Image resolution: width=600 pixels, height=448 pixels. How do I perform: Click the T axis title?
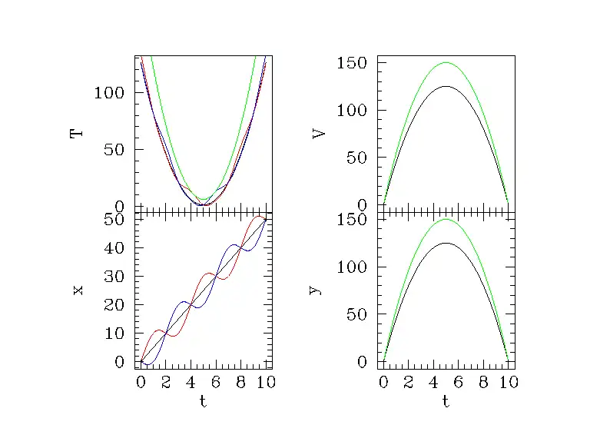click(76, 133)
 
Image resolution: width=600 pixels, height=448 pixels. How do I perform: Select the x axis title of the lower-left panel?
click(77, 290)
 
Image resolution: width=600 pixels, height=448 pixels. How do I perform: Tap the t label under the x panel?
click(203, 401)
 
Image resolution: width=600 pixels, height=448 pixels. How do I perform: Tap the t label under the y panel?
click(446, 401)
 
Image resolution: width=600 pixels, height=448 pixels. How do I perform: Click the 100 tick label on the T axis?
click(108, 93)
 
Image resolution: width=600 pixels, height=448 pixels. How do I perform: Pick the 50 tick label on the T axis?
click(114, 149)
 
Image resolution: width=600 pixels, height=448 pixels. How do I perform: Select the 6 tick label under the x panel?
click(216, 382)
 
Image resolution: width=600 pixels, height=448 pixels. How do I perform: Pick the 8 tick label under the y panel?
click(483, 382)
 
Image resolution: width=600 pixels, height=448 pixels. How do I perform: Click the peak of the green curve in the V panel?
click(446, 63)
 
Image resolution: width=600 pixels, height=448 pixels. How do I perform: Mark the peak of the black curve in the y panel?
click(446, 243)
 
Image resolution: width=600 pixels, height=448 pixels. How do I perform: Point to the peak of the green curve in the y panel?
click(446, 220)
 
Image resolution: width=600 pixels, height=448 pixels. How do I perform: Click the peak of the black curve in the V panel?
click(446, 87)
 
